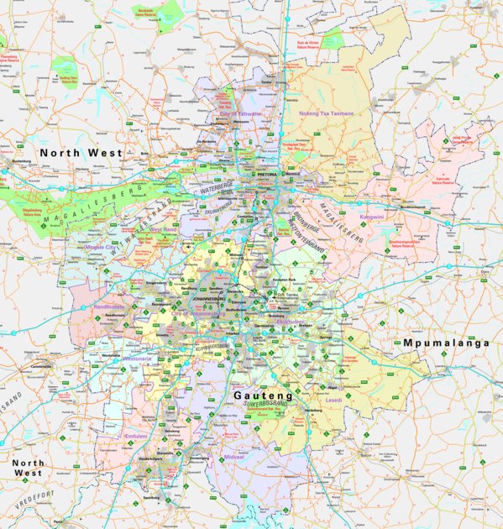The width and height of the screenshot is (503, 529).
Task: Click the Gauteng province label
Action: tap(263, 394)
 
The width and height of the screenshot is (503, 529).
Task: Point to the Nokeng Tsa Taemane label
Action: tap(327, 113)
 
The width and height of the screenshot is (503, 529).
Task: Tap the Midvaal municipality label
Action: tap(233, 457)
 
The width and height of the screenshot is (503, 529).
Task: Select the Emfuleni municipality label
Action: tap(135, 437)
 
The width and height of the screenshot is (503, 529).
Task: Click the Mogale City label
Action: tap(101, 248)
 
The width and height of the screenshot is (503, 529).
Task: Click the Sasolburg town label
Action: tap(151, 497)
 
